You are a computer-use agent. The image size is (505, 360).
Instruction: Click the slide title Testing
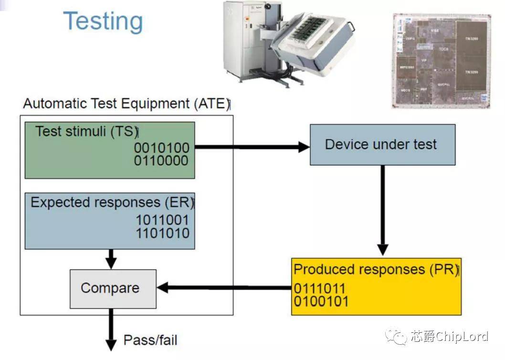103,21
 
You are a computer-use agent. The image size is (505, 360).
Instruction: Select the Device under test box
382,145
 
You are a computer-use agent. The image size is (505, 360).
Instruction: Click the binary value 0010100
161,148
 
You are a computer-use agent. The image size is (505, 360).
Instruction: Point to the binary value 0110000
161,161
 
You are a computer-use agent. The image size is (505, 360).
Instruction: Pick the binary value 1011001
162,221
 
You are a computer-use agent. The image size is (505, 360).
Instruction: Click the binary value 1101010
162,233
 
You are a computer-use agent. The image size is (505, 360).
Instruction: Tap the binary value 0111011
319,289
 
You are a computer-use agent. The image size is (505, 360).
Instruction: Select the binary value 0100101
321,301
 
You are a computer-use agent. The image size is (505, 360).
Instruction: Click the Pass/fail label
150,340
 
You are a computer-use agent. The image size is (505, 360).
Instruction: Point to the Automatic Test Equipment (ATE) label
126,104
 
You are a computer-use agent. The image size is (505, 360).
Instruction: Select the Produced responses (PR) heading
376,269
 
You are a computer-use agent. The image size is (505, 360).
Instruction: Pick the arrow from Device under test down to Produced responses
382,210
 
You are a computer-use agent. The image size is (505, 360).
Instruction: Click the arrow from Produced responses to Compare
224,288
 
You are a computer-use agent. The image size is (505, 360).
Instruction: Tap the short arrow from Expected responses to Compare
111,259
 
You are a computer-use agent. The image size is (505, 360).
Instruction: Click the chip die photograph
441,60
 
